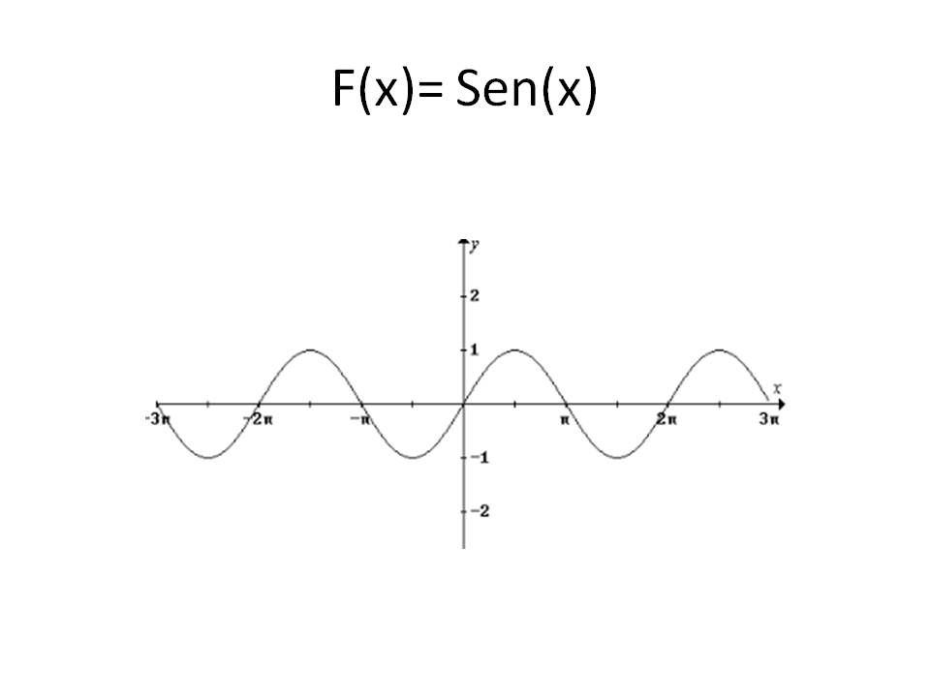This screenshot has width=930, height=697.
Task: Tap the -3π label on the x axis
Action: coord(160,419)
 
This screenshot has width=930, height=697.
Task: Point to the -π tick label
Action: coord(360,419)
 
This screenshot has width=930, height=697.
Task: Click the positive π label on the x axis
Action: coord(564,419)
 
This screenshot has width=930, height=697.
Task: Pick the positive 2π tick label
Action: coord(666,419)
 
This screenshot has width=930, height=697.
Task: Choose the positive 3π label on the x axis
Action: coord(769,419)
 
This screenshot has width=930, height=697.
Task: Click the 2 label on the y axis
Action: coord(475,295)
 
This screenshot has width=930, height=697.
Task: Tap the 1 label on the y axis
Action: coord(475,349)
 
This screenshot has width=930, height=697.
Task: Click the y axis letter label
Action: coord(474,244)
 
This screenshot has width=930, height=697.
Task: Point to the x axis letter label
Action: coord(777,388)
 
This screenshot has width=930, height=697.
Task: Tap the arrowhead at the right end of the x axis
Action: coord(778,403)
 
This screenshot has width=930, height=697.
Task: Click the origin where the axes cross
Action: coord(462,403)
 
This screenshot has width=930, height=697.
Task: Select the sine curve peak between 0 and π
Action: coord(513,349)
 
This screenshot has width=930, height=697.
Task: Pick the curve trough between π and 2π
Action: coord(615,457)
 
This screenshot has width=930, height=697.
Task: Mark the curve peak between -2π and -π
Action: coord(309,349)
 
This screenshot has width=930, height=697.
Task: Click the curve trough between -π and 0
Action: coord(412,457)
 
